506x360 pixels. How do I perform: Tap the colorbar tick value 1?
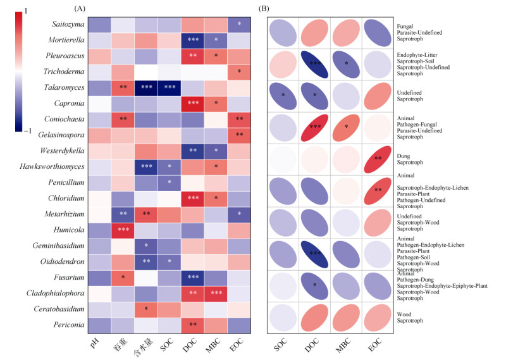coord(25,11)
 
